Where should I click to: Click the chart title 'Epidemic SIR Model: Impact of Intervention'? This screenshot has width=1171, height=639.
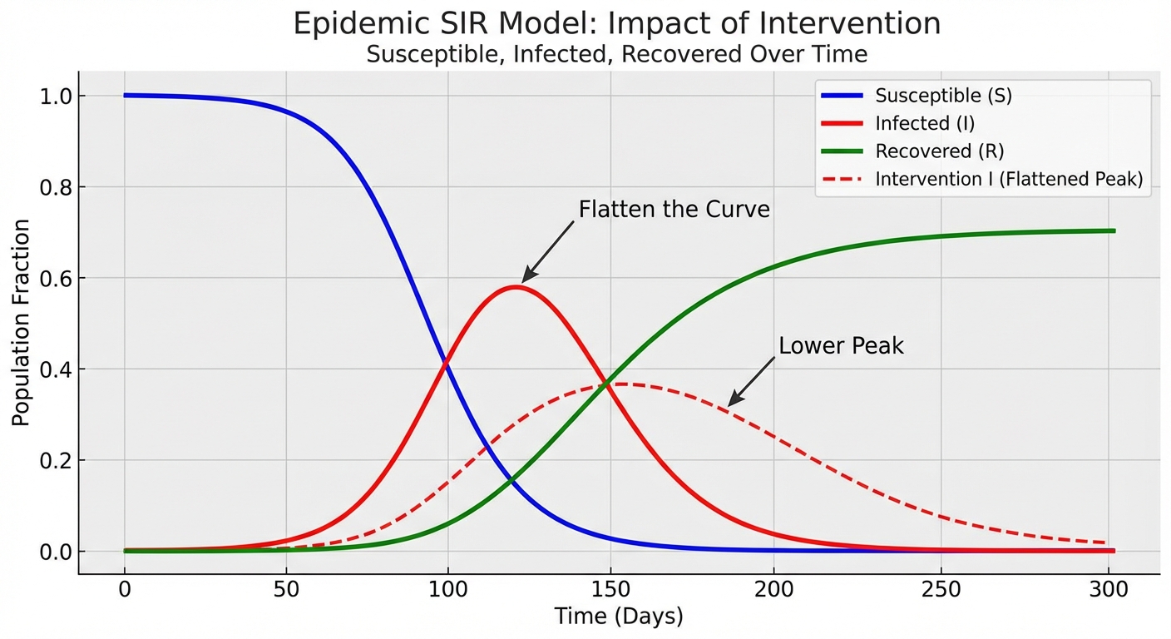(616, 23)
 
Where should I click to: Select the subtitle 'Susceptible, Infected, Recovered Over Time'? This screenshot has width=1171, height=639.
(616, 55)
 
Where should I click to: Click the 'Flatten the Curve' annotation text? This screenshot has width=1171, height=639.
(674, 210)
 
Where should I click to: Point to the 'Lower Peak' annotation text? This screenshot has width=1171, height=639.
(840, 346)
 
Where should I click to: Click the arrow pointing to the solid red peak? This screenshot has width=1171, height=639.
(548, 252)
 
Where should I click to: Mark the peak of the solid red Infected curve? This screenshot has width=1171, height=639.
(516, 287)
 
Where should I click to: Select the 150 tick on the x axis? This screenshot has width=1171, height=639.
(611, 590)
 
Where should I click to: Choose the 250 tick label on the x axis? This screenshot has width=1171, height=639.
(936, 590)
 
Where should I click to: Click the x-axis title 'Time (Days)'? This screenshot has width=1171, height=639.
(618, 617)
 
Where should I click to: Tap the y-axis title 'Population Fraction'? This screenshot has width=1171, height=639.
(21, 323)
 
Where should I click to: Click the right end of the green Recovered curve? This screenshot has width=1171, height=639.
(1113, 230)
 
